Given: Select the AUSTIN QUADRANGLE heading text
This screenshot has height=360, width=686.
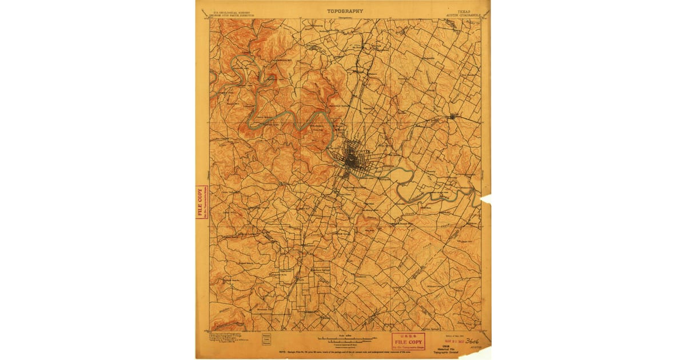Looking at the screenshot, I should point(463,14).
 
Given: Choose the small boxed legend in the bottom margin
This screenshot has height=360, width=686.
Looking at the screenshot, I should point(266,339).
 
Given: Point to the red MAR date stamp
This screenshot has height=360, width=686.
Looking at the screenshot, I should point(453,338).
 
